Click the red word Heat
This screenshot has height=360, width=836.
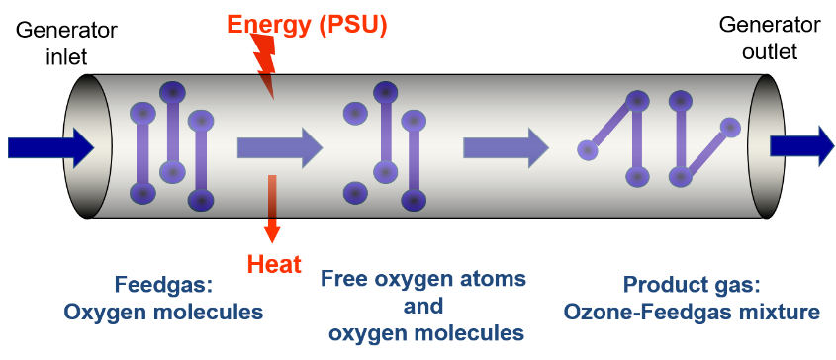click(274, 263)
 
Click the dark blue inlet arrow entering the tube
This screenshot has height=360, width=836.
click(50, 148)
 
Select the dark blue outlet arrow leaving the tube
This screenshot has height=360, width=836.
click(801, 146)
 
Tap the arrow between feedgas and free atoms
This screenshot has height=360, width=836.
click(279, 148)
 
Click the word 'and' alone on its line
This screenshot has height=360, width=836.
click(422, 306)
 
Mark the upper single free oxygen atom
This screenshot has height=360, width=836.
click(355, 113)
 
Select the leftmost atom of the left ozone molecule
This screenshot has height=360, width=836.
click(588, 150)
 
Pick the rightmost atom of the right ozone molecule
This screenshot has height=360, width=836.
click(730, 127)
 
